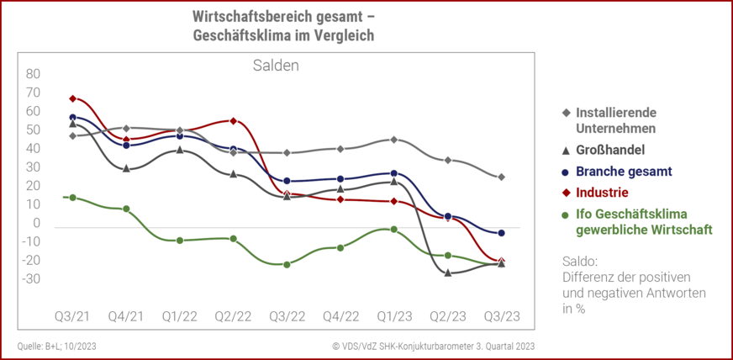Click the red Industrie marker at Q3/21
pos(73,98)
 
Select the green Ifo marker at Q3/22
pos(287,264)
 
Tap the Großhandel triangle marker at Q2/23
pos(448,273)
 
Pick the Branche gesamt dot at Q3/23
pos(501,233)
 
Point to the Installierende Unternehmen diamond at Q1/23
pos(393,140)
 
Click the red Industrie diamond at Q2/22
pos(233,121)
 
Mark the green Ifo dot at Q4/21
pos(126,209)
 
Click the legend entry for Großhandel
pos(609,151)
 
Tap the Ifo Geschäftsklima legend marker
pos(566,214)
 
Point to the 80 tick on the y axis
pos(33,73)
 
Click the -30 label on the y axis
pos(31,278)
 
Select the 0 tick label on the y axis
pos(37,223)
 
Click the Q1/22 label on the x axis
pos(179,316)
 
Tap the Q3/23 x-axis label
pos(501,316)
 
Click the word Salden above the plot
pos(276,65)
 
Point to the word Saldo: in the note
pos(579,261)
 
